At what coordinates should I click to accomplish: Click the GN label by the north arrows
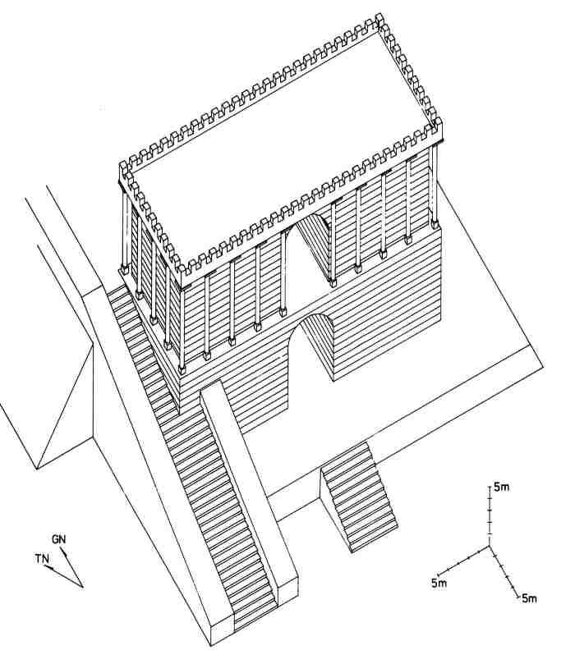tap(58, 539)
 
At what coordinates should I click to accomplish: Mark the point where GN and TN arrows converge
tap(84, 586)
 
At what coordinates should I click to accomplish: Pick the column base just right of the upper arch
tap(333, 282)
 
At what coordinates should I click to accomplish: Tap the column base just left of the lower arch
tap(283, 311)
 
